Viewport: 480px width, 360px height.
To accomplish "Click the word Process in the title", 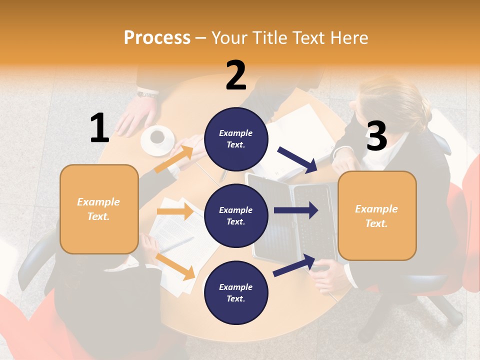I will point(157,37).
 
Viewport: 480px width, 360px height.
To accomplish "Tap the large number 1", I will point(99,128).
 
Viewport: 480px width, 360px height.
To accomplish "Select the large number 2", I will point(236,75).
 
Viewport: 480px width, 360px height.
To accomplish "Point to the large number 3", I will point(376,136).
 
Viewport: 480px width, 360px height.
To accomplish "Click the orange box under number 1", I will point(99,209).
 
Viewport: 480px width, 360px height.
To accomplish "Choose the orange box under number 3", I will point(377,215).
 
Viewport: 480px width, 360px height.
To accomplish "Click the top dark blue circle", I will point(236,139).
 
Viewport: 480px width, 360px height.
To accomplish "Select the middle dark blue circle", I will point(236,215).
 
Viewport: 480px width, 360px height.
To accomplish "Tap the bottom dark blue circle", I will point(236,292).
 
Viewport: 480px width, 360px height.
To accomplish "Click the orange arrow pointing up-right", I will point(174,159).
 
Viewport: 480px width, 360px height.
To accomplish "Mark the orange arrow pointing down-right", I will point(175,266).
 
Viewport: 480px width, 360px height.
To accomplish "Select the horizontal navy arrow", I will point(295,210).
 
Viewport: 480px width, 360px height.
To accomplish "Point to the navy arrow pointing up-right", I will point(294,265).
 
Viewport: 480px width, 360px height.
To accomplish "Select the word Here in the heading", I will point(349,37).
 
